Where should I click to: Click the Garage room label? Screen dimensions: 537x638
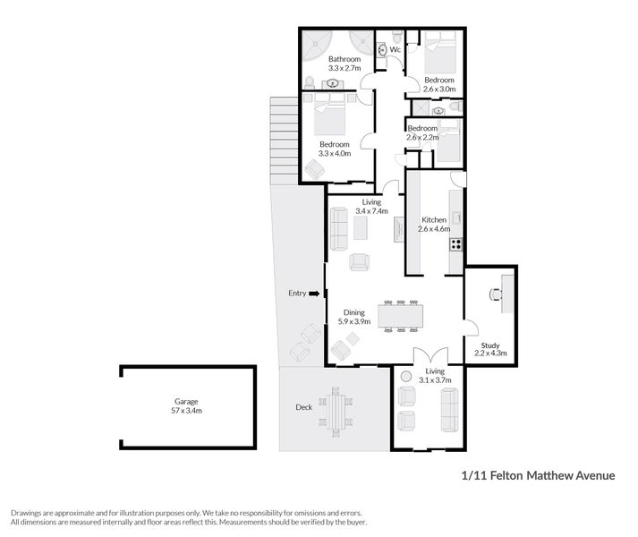point(187,406)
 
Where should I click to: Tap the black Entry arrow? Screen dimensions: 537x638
point(313,294)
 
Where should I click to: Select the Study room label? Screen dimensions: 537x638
point(489,348)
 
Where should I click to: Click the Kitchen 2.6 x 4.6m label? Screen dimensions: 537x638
point(434,224)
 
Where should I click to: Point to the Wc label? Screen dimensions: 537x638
point(395,50)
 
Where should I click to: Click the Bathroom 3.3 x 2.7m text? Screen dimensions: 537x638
point(344,64)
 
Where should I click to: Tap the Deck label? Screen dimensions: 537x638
point(304,407)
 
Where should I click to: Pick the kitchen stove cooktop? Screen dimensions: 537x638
point(455,243)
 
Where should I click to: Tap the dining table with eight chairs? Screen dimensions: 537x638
point(400,316)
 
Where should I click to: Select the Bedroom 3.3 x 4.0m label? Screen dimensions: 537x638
point(335,149)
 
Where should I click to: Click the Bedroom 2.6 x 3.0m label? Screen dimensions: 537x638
point(439,84)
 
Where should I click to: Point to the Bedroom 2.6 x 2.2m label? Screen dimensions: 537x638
point(422,133)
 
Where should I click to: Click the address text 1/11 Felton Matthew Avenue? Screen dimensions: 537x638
point(537,475)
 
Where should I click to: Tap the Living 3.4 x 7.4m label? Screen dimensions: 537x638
point(370,207)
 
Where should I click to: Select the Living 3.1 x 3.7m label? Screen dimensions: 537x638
point(435,375)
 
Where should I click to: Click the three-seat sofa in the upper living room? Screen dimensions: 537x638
point(339,229)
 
